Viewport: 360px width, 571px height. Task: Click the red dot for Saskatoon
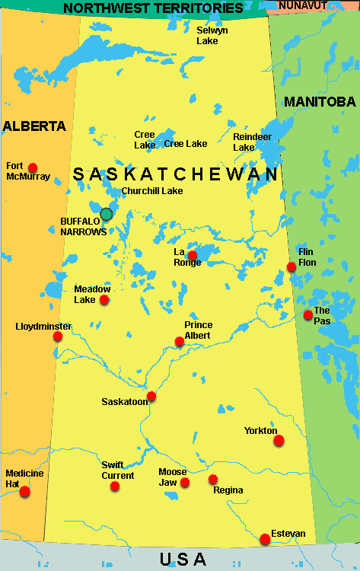pos(151,396)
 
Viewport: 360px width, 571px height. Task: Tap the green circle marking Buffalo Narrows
pos(107,214)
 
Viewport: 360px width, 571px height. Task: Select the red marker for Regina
pos(213,480)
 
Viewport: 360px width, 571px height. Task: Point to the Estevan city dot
pos(265,539)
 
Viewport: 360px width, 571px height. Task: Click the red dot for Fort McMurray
pos(33,167)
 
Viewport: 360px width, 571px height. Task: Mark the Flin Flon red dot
pos(292,266)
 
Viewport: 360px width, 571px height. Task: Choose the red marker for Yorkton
pos(279,440)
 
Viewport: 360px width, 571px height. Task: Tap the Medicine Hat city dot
pos(25,491)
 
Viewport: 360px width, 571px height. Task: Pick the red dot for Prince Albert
pos(180,342)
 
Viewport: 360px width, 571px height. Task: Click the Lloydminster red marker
pos(58,336)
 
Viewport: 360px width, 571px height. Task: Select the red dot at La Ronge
pos(193,256)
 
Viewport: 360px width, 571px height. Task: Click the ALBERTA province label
pos(34,126)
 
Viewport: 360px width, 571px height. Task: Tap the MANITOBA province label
pos(320,101)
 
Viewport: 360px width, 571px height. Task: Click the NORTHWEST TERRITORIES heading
pos(153,8)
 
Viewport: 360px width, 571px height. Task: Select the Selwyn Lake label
pos(207,35)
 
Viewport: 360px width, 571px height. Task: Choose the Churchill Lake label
pos(152,191)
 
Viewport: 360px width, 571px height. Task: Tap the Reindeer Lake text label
pos(244,142)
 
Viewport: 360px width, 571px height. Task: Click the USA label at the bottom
pos(183,560)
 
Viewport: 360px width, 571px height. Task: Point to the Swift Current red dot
pos(115,486)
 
